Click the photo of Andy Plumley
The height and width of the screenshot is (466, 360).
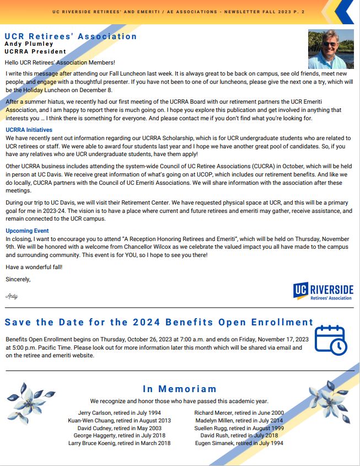(x=331, y=49)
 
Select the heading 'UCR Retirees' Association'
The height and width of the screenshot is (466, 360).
(x=71, y=36)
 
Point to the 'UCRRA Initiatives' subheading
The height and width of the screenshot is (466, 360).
(x=28, y=130)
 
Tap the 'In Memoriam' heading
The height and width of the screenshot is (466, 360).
(x=180, y=389)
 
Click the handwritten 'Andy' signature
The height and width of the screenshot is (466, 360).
(x=12, y=296)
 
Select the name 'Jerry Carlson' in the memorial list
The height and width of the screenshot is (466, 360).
(x=119, y=413)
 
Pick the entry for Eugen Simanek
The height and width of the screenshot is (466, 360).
(x=239, y=443)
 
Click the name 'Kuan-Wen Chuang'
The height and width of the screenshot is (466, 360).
(x=119, y=420)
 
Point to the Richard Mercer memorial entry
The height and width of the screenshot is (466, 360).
(x=239, y=413)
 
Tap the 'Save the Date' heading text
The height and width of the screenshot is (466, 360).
(x=159, y=322)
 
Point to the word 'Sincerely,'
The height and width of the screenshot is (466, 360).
(x=18, y=279)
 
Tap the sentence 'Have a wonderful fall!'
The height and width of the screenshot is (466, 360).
(x=34, y=267)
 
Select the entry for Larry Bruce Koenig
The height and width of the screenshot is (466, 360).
(x=119, y=443)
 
